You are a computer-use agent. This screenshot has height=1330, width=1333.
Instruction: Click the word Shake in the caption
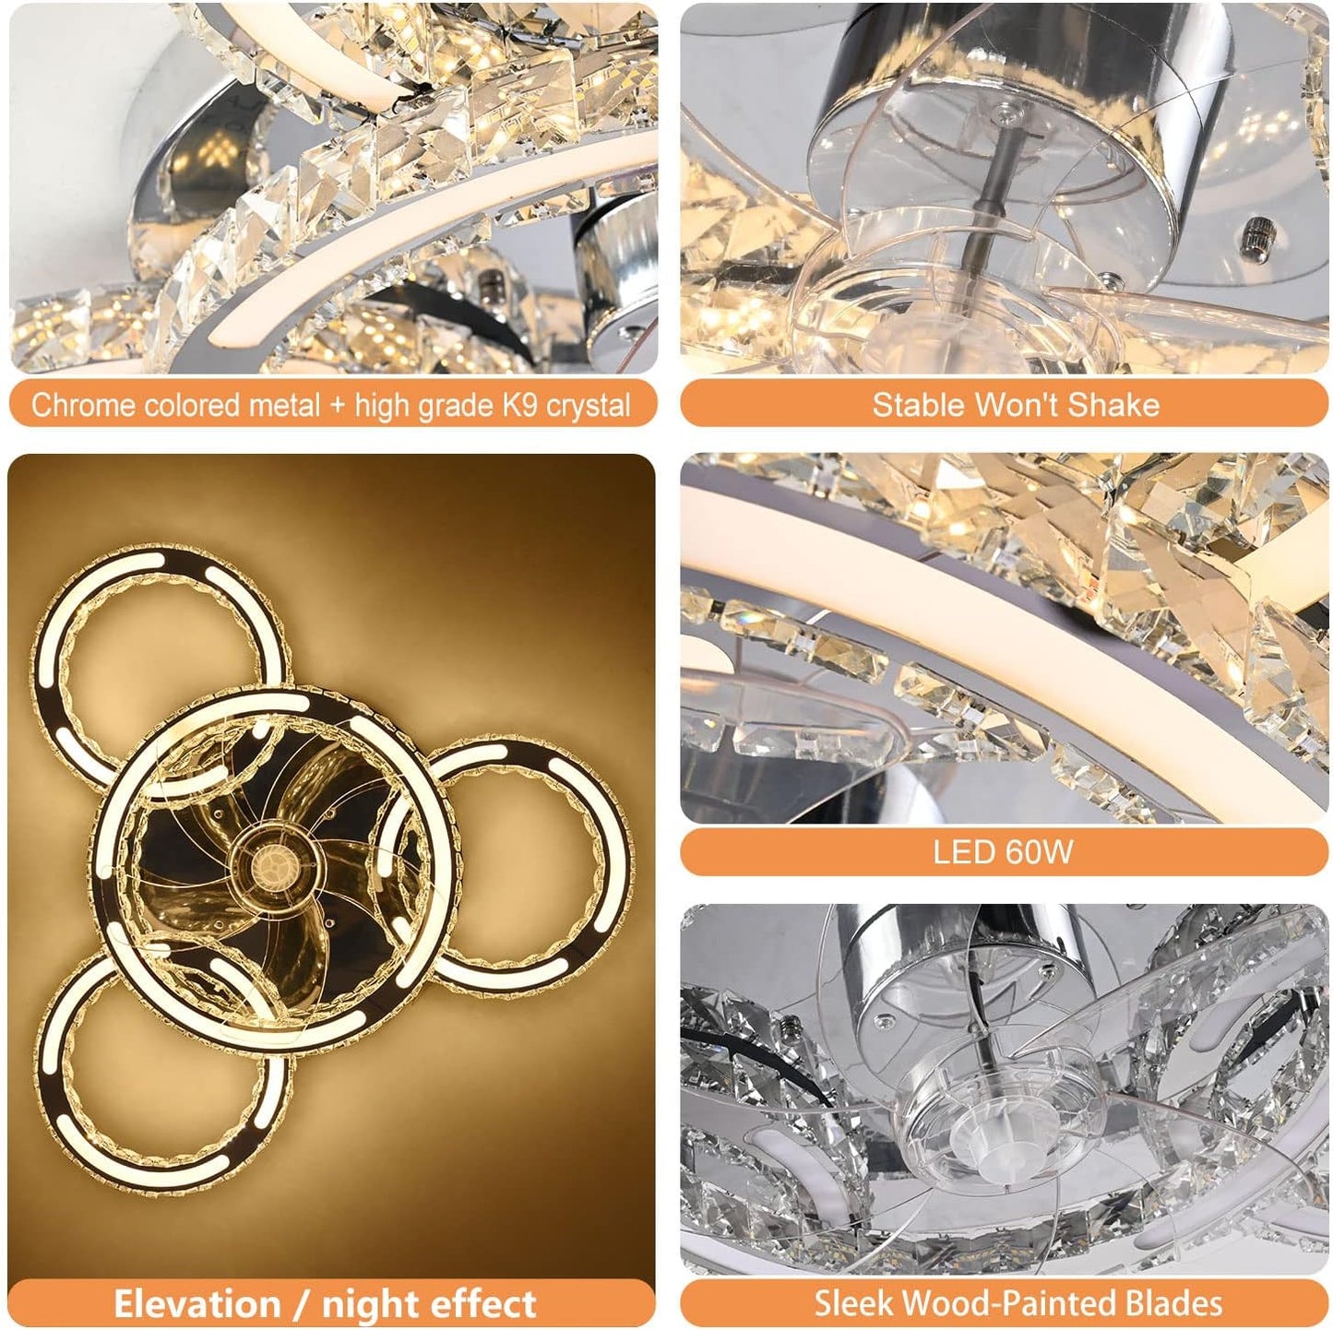click(1123, 406)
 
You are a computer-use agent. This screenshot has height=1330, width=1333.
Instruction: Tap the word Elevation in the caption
click(196, 1304)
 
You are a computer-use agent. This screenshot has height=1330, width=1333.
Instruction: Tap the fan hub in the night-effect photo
click(275, 865)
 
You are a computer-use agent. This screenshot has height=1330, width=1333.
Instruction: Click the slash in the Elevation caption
click(301, 1304)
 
